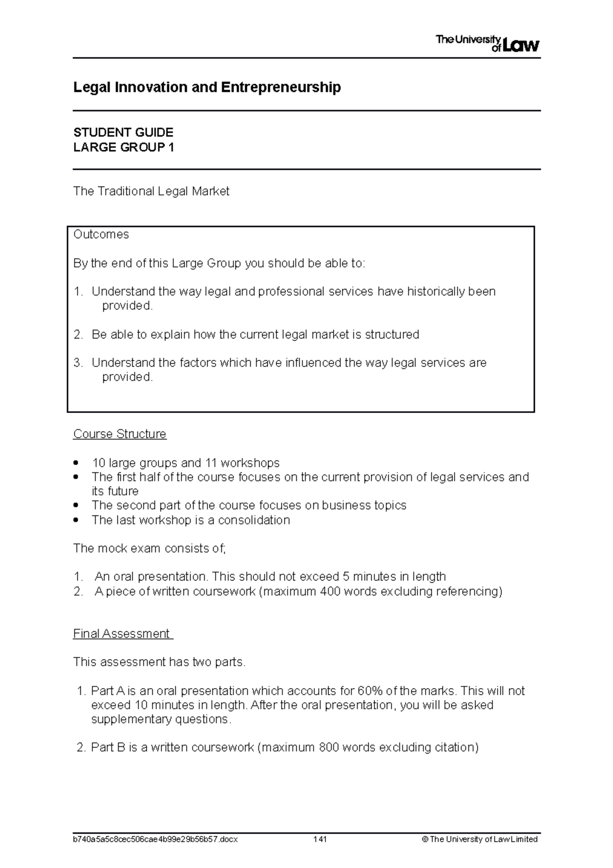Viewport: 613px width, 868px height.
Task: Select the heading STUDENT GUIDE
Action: coord(123,132)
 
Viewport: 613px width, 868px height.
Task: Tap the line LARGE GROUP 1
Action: coord(124,148)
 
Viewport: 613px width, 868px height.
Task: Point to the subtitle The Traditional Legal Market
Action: coord(151,191)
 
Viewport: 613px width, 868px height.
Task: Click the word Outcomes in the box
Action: coord(101,235)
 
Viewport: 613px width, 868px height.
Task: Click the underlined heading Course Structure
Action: coord(120,434)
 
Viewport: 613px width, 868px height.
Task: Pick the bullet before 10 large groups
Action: coord(76,463)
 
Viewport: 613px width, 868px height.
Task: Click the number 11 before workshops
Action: coord(211,463)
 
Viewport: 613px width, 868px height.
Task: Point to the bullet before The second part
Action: coord(76,506)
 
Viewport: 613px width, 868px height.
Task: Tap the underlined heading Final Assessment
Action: coord(122,634)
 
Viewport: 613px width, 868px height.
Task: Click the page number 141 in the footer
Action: coord(320,839)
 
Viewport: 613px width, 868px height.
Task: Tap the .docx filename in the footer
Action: coord(155,839)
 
